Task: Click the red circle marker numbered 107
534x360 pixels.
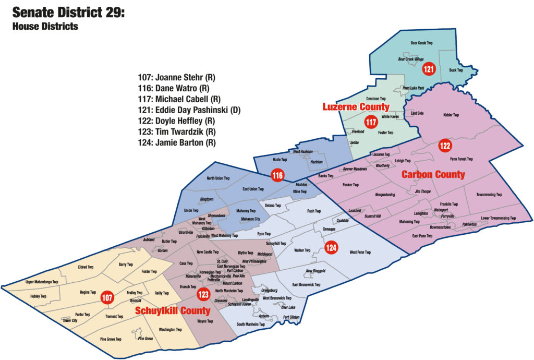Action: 107,298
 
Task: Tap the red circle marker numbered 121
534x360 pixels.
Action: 428,68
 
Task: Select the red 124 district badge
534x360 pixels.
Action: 331,247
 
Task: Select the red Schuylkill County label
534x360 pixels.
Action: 173,310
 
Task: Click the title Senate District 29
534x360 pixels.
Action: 68,13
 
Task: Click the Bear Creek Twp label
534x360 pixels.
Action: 422,43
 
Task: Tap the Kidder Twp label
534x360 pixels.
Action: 451,115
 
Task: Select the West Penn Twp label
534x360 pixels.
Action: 360,253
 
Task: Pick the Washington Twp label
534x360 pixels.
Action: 170,330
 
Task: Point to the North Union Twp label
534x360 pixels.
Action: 218,178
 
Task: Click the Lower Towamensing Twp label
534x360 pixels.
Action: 498,218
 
